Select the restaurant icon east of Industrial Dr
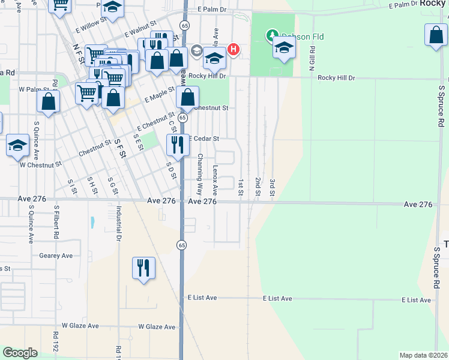pos(143,268)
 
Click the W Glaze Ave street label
pos(157,327)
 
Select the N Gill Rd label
pos(312,58)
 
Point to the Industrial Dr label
pos(119,224)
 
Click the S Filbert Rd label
pos(55,224)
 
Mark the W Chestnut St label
pos(41,164)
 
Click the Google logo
pos(20,353)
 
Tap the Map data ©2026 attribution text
pos(423,355)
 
